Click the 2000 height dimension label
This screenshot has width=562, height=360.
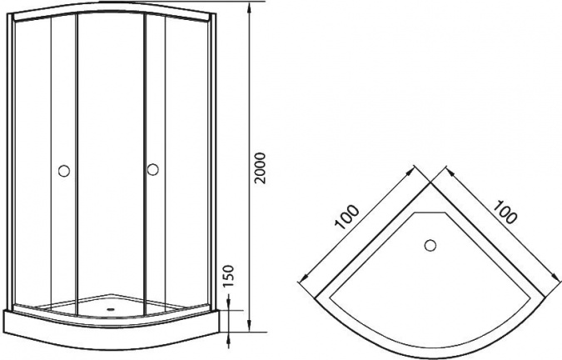pyautogui.click(x=260, y=168)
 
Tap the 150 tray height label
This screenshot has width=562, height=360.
pyautogui.click(x=227, y=276)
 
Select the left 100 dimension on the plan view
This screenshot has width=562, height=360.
pyautogui.click(x=347, y=217)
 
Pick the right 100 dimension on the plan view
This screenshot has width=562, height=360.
pyautogui.click(x=505, y=212)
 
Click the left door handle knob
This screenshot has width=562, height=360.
pyautogui.click(x=64, y=171)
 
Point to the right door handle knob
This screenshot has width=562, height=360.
pyautogui.click(x=152, y=169)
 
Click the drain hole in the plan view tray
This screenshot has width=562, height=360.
pyautogui.click(x=430, y=246)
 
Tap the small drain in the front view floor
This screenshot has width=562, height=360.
pyautogui.click(x=111, y=308)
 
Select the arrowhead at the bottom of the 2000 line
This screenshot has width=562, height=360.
pyautogui.click(x=249, y=327)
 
